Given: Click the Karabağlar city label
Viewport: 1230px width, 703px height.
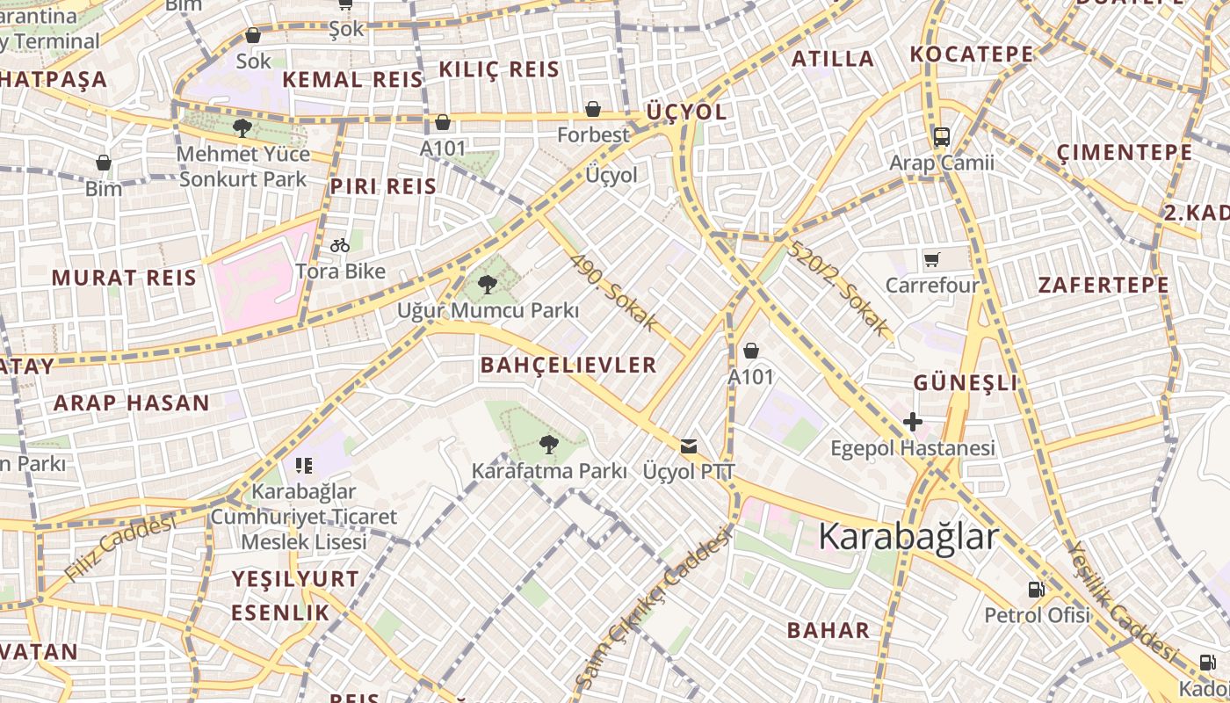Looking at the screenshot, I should (x=908, y=537).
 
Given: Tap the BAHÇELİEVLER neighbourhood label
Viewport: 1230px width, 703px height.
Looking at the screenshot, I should (x=568, y=366).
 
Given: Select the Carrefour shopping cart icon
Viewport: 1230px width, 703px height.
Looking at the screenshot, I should (x=932, y=259).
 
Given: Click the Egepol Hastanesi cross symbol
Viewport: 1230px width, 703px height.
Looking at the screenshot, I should (x=913, y=422).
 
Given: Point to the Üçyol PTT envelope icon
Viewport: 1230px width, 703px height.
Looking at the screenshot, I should (x=689, y=446).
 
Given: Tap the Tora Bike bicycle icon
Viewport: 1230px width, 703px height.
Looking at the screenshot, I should (x=340, y=245).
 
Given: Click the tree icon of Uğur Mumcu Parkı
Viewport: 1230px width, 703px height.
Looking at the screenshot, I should (x=488, y=284).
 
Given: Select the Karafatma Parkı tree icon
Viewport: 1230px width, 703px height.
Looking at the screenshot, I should (x=549, y=445).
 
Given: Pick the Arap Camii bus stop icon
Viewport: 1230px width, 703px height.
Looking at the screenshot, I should (x=942, y=136).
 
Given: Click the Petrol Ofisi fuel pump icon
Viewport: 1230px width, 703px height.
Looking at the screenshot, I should (x=1037, y=589).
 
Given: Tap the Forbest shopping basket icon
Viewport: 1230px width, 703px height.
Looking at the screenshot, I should (x=593, y=109).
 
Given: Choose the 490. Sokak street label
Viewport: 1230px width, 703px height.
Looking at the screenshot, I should (x=613, y=294).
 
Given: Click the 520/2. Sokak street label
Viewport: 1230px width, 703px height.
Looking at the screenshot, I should (x=838, y=288).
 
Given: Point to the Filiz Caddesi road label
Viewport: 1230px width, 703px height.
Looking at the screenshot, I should (x=120, y=549).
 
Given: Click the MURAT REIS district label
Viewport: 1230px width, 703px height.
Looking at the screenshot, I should (x=124, y=279).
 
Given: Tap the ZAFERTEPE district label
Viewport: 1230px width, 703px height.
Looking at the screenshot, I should (x=1103, y=286).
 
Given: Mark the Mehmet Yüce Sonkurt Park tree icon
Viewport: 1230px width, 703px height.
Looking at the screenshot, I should (x=243, y=128).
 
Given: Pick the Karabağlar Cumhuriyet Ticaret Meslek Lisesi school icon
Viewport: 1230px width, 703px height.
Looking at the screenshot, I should (x=304, y=465).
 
